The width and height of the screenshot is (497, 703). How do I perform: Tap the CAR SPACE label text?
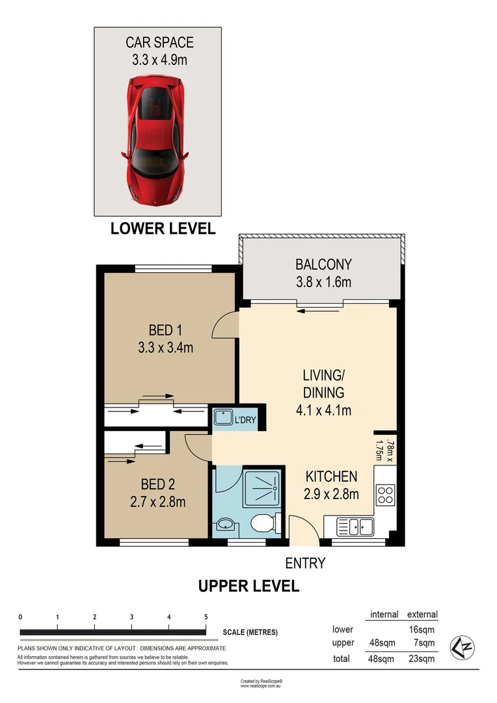point(159,43)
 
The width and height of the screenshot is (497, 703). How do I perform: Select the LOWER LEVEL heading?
point(163,228)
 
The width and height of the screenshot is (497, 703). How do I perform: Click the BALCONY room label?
point(323,264)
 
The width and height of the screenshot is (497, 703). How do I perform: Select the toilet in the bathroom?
point(265,522)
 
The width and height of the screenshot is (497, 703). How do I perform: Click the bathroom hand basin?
point(226,524)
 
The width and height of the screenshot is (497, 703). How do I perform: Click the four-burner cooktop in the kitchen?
point(384,495)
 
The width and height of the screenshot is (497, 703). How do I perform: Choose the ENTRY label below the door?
point(305,563)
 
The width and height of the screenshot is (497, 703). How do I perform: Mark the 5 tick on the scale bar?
point(206,617)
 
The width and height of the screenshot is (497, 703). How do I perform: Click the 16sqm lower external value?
point(422,629)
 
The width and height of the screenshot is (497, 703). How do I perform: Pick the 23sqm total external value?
point(422,659)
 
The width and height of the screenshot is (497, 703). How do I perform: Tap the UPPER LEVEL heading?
point(248,586)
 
